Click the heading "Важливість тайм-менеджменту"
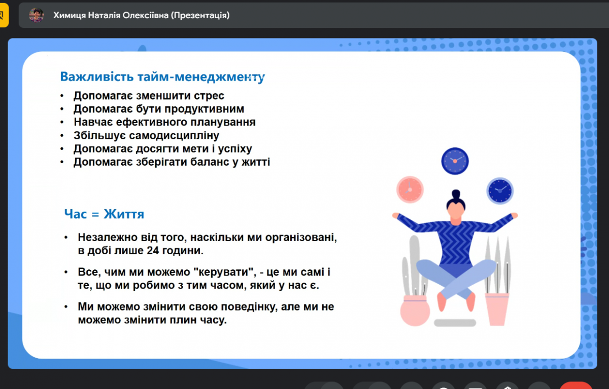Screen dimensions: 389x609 pos(162,77)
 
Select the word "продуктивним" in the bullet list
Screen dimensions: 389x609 pos(209,109)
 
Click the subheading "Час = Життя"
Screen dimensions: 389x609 pos(104,214)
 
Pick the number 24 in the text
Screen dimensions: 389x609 pos(153,250)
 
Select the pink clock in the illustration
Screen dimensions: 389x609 pos(410,189)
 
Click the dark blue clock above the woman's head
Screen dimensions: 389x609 pos(455,161)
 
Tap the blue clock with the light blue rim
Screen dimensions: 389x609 pos(500,190)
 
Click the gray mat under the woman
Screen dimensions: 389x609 pos(455,323)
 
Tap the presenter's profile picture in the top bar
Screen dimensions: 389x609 pos(36,15)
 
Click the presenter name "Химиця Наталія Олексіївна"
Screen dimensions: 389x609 pos(111,15)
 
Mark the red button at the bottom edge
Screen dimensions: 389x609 pos(576,385)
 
